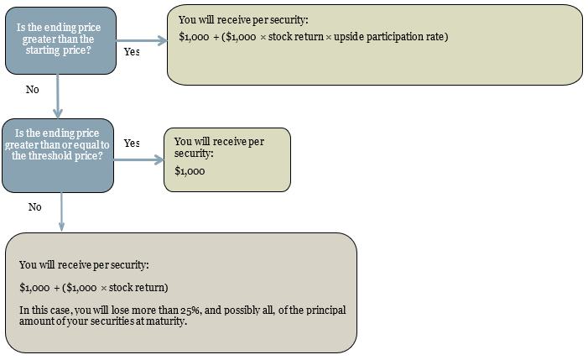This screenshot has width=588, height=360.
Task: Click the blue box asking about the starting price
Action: [60, 40]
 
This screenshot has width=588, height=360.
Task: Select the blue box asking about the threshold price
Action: [58, 155]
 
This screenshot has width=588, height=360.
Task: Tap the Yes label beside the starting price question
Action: [132, 52]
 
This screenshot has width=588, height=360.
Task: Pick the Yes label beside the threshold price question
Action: [132, 143]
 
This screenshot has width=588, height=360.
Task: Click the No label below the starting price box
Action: [32, 90]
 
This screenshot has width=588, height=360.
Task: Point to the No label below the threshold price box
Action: [35, 207]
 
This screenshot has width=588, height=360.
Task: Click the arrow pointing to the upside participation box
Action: [142, 40]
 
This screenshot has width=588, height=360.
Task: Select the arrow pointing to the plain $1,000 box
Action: [138, 160]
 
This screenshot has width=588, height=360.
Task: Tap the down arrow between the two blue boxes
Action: [57, 97]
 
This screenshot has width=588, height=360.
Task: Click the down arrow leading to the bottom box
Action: [61, 212]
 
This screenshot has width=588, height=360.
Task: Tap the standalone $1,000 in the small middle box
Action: [190, 171]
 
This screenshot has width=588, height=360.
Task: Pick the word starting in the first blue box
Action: [43, 50]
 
